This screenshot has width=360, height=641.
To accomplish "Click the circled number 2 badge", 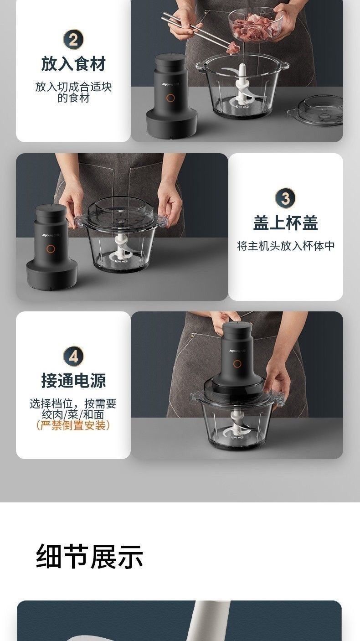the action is point(73,39).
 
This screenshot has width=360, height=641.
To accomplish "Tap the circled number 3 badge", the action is point(285,198).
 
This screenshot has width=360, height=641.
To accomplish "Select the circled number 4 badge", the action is point(73,357).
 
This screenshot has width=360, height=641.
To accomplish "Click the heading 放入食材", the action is point(73,64).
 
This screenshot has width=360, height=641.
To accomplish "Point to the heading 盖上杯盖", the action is point(285,222).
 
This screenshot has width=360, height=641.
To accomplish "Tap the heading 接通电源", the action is point(73,381).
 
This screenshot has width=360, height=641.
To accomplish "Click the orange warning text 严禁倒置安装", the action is point(73,425).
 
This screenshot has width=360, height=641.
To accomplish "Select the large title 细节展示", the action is point(89,557).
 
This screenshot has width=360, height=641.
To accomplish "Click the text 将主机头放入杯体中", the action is point(286,246).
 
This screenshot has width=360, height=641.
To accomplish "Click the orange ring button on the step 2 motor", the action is point(170,98).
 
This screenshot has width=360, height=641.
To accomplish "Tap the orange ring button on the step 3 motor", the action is point(51,248).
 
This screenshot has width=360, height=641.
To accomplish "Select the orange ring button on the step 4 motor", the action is point(237,364).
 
